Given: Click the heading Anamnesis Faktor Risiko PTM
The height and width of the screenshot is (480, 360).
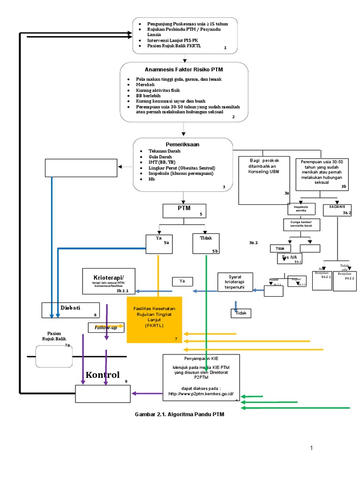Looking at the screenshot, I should click(183, 69).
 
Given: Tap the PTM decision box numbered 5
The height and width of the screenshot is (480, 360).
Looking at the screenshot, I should click(184, 211).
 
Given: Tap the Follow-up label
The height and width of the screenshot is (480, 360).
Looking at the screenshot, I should click(106, 327).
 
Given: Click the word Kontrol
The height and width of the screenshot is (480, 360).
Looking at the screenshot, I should click(103, 375).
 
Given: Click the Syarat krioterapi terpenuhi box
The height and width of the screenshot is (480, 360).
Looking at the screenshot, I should click(235, 282).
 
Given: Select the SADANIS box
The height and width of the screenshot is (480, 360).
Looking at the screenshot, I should click(337, 210).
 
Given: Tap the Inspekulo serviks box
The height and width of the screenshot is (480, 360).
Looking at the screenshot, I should click(301, 209).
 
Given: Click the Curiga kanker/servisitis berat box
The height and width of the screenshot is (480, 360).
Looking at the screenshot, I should click(301, 225).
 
